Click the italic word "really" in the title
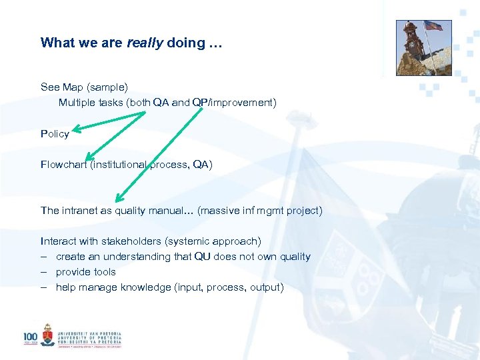click(145, 43)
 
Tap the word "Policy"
click(55, 134)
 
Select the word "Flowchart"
click(64, 165)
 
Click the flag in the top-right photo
click(433, 26)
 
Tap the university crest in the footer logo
click(47, 335)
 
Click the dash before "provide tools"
click(43, 272)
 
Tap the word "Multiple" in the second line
click(77, 103)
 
